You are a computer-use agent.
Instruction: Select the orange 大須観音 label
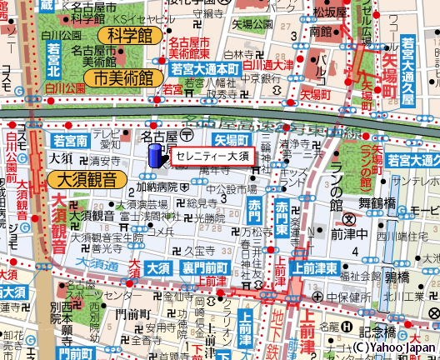click(86, 179)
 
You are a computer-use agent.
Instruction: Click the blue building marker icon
click(155, 156)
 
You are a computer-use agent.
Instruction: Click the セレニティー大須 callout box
click(212, 156)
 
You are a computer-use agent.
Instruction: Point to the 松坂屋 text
click(330, 14)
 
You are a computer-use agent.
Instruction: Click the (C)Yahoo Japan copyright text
click(393, 347)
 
